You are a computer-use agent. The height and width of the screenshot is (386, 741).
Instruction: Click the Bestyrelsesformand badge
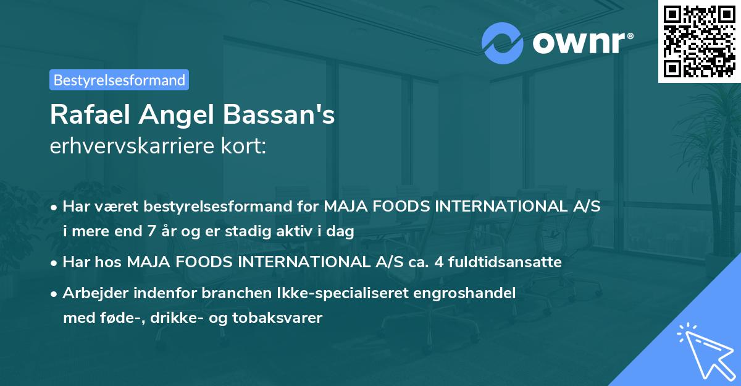119,80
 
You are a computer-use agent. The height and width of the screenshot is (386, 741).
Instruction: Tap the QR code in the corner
699,41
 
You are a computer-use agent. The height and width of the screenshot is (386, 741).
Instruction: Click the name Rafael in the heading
90,115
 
